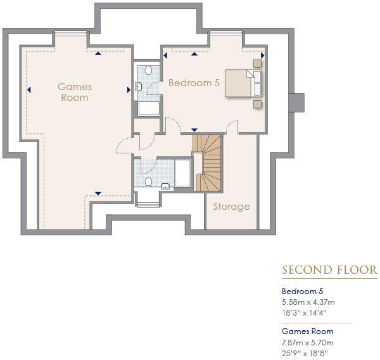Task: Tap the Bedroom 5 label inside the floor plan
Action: (x=193, y=83)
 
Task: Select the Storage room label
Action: (x=231, y=206)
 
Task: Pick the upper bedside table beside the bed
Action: (x=258, y=63)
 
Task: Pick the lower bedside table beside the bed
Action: (x=258, y=103)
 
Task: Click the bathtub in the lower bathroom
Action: (x=183, y=173)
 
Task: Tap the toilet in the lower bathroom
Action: (x=148, y=182)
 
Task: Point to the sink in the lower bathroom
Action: (x=166, y=186)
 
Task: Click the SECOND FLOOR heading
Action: (x=329, y=271)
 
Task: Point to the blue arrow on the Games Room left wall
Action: (x=28, y=89)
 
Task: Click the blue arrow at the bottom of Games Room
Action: (x=98, y=193)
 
